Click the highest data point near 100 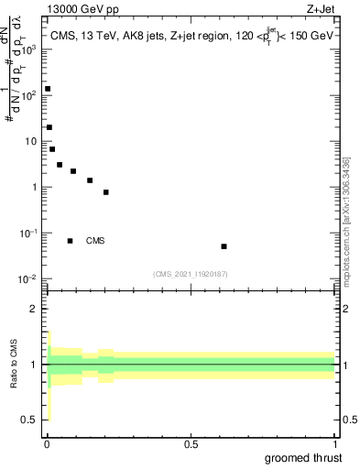(48, 89)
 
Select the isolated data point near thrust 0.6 (224, 246)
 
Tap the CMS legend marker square (71, 241)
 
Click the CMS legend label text (95, 241)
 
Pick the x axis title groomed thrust (306, 457)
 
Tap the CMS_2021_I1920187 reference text (190, 274)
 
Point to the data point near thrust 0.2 (106, 192)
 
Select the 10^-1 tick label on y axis (28, 233)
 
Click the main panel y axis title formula (17, 78)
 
